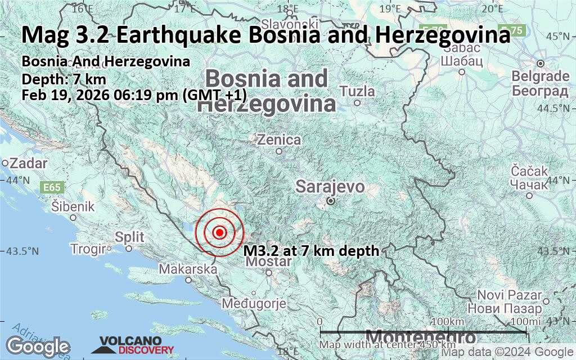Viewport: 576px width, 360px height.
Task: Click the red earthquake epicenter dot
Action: (220, 232)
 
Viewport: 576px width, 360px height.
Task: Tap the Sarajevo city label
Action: (330, 187)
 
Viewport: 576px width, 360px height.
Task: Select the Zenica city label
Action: (278, 140)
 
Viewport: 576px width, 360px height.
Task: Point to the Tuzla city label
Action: (357, 91)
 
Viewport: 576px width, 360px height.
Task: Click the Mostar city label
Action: (269, 262)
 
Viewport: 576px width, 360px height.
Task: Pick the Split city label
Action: (129, 237)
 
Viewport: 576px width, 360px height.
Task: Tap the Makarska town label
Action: (188, 269)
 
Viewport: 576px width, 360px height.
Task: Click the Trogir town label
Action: (89, 249)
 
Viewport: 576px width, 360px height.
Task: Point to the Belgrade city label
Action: (540, 76)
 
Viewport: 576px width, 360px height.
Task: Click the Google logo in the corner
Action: (38, 346)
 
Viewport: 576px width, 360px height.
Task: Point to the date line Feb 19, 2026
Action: (134, 94)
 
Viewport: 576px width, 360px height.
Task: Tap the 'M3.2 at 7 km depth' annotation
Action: (311, 251)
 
